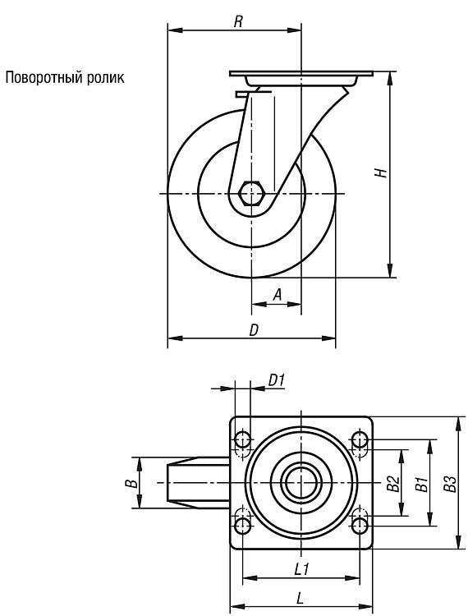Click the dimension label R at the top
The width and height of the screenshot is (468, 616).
[238, 21]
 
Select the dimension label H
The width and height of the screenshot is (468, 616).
[380, 172]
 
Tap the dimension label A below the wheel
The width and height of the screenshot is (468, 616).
[278, 295]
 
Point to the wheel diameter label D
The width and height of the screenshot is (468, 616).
[254, 330]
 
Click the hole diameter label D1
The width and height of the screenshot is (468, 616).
[277, 380]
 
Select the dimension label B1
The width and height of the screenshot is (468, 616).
[421, 485]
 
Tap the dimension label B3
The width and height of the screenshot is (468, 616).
[450, 484]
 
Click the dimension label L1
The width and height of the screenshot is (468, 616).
[302, 569]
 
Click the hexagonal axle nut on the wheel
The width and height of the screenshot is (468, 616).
[252, 193]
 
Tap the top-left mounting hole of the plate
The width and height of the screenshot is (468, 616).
[243, 439]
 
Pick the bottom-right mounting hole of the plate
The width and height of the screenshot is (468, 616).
[360, 526]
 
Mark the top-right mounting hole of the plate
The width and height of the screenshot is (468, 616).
[360, 439]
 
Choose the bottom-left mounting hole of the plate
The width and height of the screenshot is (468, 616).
[243, 526]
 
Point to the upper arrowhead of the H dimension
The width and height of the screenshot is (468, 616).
[390, 78]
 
